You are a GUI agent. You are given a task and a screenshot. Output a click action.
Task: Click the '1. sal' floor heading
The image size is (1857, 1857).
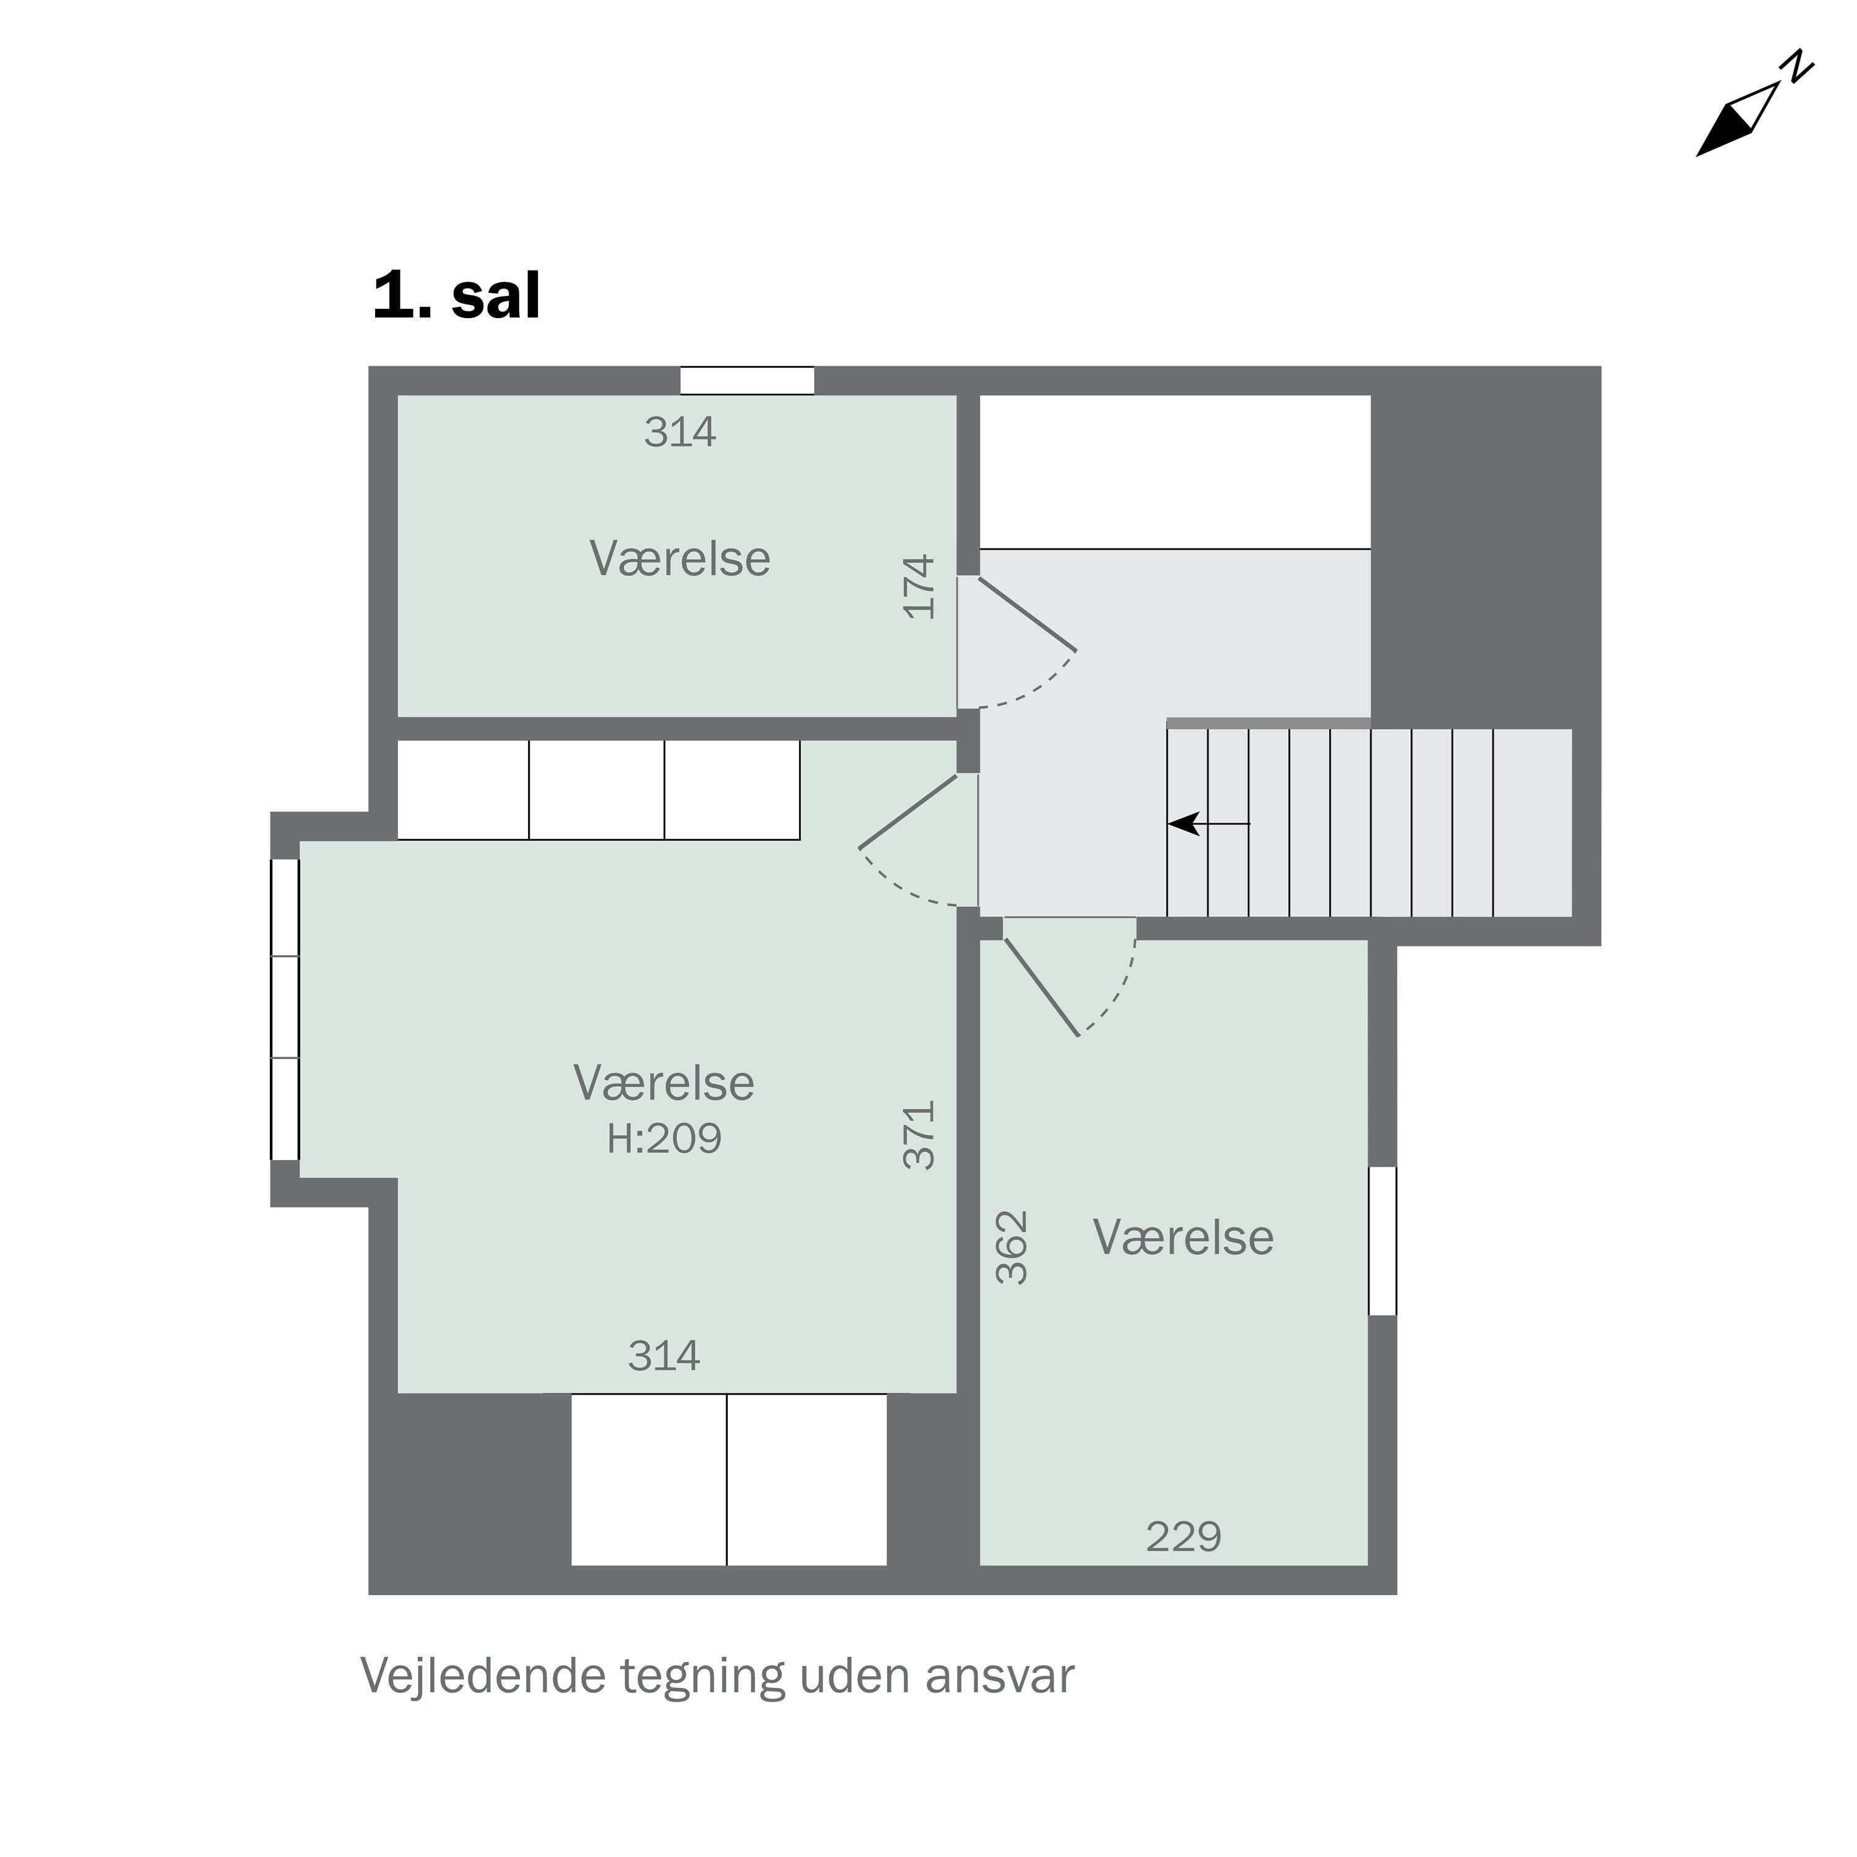tap(457, 296)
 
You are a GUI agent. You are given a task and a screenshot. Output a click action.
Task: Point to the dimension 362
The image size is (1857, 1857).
tap(1012, 1248)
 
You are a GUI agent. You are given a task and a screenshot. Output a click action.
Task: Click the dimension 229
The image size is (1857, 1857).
tap(1183, 1538)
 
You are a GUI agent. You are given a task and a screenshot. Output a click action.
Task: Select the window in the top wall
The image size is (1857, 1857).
tap(747, 381)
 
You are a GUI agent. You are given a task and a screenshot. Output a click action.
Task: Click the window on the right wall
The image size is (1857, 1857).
tap(1382, 1241)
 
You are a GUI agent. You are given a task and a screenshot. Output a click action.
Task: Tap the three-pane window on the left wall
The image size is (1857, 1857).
tap(285, 1009)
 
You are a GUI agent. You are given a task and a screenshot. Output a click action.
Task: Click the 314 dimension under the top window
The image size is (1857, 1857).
tap(680, 433)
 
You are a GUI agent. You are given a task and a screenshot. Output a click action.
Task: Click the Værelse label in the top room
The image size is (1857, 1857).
tap(680, 560)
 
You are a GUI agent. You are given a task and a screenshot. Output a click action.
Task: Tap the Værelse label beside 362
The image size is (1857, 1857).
tap(1183, 1238)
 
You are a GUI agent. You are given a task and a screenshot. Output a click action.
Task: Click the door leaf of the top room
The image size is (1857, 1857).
tap(1026, 613)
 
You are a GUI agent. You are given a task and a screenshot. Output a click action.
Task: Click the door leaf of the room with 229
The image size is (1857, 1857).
tap(1041, 987)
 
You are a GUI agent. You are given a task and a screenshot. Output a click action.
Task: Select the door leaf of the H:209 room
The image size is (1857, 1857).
tap(908, 812)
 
